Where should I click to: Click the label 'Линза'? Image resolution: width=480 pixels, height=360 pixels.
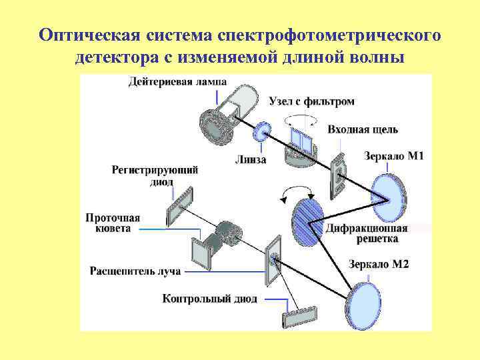[251, 160]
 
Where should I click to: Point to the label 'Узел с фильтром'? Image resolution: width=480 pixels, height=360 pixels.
[311, 102]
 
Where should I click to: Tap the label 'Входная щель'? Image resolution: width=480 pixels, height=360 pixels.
[363, 129]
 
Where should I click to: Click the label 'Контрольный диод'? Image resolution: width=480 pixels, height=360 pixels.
[209, 298]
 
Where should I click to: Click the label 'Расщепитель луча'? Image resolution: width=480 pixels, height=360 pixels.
[135, 271]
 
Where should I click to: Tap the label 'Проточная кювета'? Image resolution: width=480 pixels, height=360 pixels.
[113, 223]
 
